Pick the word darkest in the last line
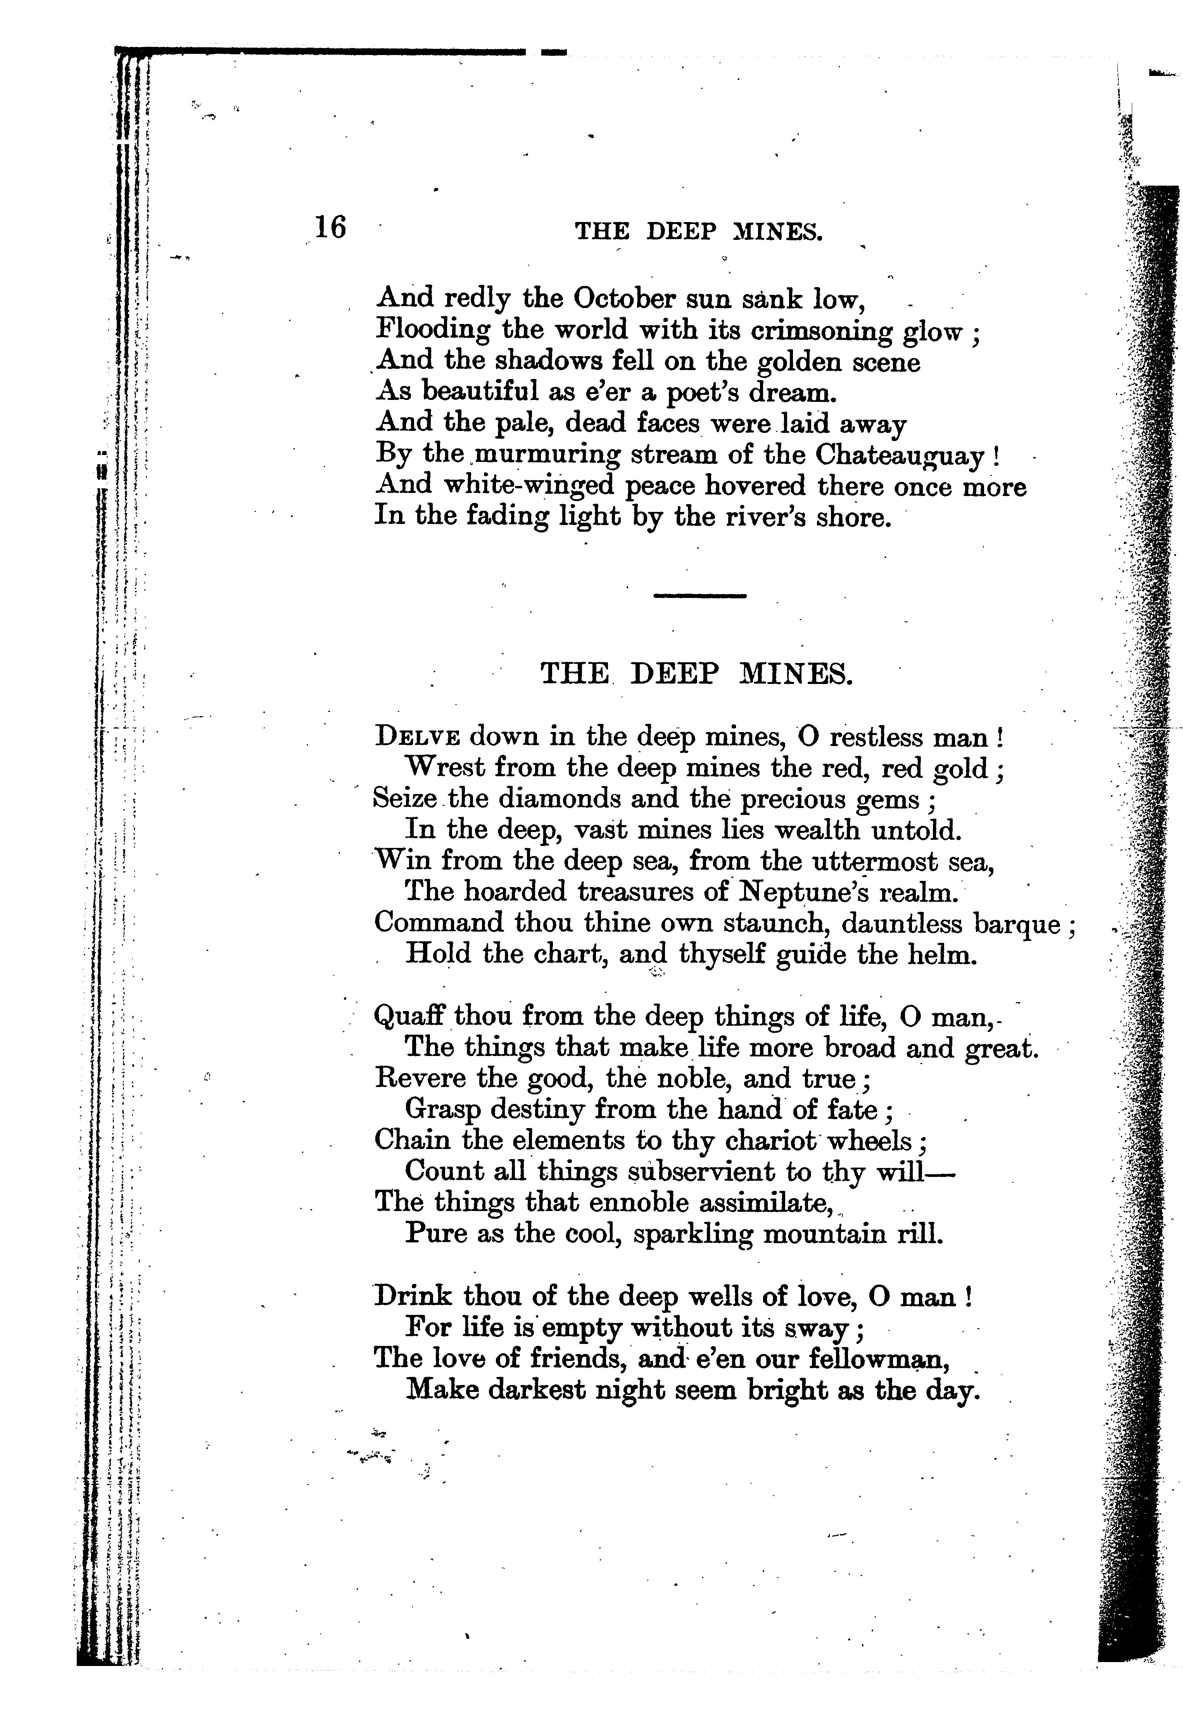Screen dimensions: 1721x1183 (x=527, y=1390)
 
